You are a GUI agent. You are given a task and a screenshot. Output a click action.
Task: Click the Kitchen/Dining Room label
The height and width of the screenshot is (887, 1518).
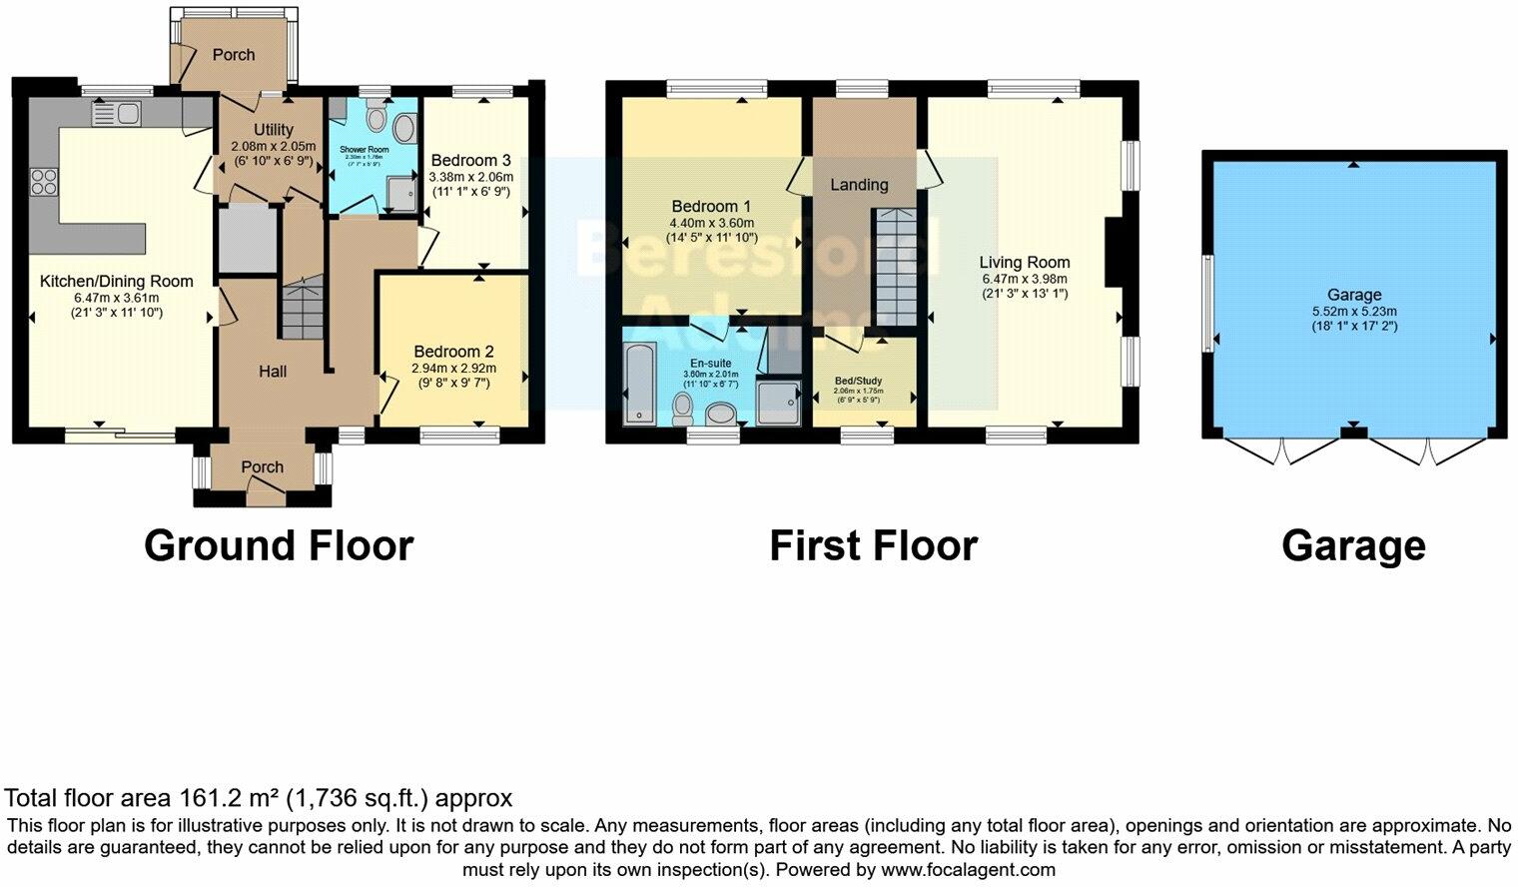pyautogui.click(x=116, y=282)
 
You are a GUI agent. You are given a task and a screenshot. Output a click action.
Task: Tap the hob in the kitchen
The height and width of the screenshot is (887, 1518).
pyautogui.click(x=44, y=181)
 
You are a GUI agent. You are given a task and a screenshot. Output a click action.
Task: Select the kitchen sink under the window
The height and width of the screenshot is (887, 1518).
pyautogui.click(x=117, y=115)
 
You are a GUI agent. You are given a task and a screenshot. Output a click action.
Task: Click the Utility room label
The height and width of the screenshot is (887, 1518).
pyautogui.click(x=273, y=130)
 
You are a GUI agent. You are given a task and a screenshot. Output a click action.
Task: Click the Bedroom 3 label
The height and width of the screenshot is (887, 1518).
pyautogui.click(x=470, y=161)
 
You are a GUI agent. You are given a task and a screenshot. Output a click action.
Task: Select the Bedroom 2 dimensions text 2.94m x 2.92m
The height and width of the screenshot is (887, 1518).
pyautogui.click(x=454, y=368)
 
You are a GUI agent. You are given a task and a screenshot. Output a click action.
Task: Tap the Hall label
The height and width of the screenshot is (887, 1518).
pyautogui.click(x=273, y=372)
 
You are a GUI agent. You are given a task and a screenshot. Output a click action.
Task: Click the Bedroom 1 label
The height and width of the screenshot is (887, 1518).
pyautogui.click(x=711, y=207)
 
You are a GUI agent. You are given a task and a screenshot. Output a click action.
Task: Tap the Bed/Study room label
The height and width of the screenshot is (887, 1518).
pyautogui.click(x=858, y=381)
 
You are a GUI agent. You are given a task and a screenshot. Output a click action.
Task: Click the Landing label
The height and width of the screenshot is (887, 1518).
pyautogui.click(x=859, y=185)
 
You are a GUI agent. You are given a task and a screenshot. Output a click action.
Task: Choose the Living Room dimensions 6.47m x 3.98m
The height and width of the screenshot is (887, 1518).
pyautogui.click(x=1024, y=279)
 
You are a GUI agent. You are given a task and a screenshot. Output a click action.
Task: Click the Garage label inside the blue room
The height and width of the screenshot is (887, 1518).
pyautogui.click(x=1353, y=295)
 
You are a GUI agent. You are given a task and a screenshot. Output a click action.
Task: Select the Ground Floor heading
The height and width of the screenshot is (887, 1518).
pyautogui.click(x=279, y=546)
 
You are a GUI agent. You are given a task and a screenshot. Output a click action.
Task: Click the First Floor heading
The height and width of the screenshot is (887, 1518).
pyautogui.click(x=873, y=546)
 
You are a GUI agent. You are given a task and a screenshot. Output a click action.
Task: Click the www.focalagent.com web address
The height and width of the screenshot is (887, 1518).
pyautogui.click(x=968, y=869)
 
